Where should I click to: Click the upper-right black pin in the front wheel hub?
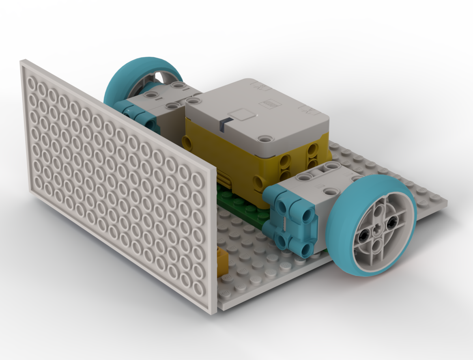(x=392, y=222)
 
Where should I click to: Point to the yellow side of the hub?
(x=227, y=162)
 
